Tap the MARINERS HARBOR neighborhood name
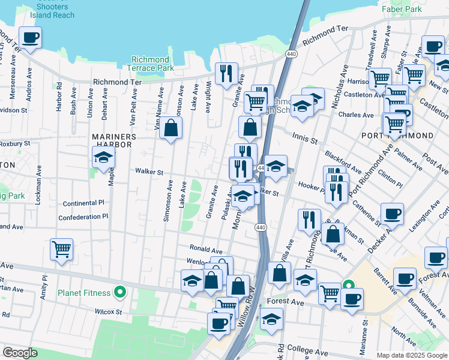click(x=114, y=137)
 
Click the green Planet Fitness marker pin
click(x=120, y=293)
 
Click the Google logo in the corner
click(x=20, y=353)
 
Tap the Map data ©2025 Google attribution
click(x=411, y=355)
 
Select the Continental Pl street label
click(x=83, y=203)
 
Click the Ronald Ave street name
click(x=206, y=248)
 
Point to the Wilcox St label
click(x=108, y=312)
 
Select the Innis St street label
click(x=304, y=139)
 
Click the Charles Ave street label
click(x=356, y=115)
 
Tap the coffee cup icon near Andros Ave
click(x=30, y=38)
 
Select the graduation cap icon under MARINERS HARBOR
click(x=104, y=158)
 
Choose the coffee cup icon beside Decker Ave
click(x=392, y=214)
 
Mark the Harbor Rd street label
click(x=59, y=96)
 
